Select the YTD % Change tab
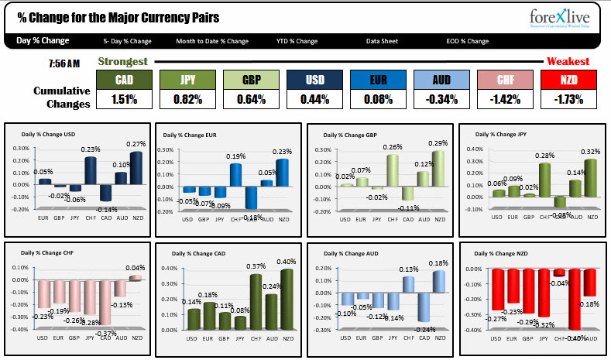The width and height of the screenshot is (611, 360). tap(297, 41)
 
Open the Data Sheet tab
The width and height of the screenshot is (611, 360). tap(383, 41)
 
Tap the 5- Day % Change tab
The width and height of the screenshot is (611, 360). tap(127, 41)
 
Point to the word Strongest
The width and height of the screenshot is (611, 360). tap(123, 61)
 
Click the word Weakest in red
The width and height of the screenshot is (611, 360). tap(568, 61)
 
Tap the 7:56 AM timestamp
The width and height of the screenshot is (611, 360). tap(64, 63)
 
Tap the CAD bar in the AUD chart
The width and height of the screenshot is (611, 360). tap(424, 308)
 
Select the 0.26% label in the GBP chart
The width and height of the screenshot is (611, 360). tap(393, 147)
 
